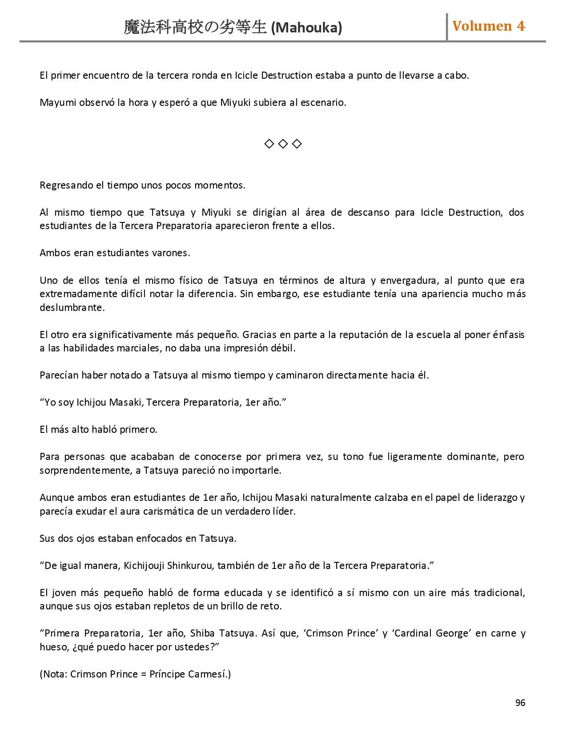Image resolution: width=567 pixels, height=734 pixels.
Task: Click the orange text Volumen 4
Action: click(x=488, y=26)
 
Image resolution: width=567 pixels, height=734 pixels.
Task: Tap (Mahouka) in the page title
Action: click(x=306, y=28)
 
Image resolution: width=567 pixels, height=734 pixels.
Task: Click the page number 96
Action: click(x=520, y=702)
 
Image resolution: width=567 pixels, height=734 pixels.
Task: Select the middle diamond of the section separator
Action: click(x=283, y=144)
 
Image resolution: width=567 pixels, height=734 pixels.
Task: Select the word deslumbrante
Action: click(x=72, y=307)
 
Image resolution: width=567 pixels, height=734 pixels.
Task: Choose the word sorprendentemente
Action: click(x=85, y=471)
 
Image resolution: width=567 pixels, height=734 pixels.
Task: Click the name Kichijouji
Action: click(x=144, y=566)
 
